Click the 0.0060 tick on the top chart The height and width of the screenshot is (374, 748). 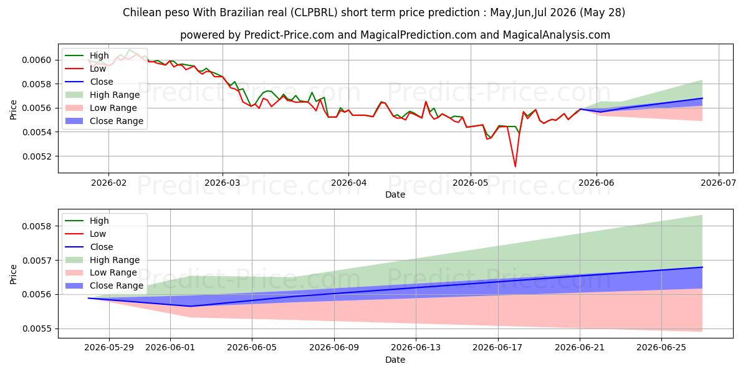36,60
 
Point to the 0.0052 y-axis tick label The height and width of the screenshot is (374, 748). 36,156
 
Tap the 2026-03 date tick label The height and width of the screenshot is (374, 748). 223,183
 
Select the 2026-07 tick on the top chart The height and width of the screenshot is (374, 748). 718,183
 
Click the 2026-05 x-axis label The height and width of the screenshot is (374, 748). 470,183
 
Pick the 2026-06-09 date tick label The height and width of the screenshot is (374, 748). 334,348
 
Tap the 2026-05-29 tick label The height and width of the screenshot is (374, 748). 109,348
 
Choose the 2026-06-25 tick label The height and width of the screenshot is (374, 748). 661,348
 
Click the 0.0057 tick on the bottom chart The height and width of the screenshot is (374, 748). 36,261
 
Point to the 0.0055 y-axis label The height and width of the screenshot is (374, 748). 36,329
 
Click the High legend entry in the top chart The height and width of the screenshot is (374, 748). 99,55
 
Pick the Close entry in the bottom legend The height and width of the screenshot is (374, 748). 102,247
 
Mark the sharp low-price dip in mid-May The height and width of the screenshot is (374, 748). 515,166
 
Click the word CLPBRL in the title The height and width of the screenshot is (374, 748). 314,12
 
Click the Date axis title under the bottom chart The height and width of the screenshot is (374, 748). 395,360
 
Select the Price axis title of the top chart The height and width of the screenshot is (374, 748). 13,110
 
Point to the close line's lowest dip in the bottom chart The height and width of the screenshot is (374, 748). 190,306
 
